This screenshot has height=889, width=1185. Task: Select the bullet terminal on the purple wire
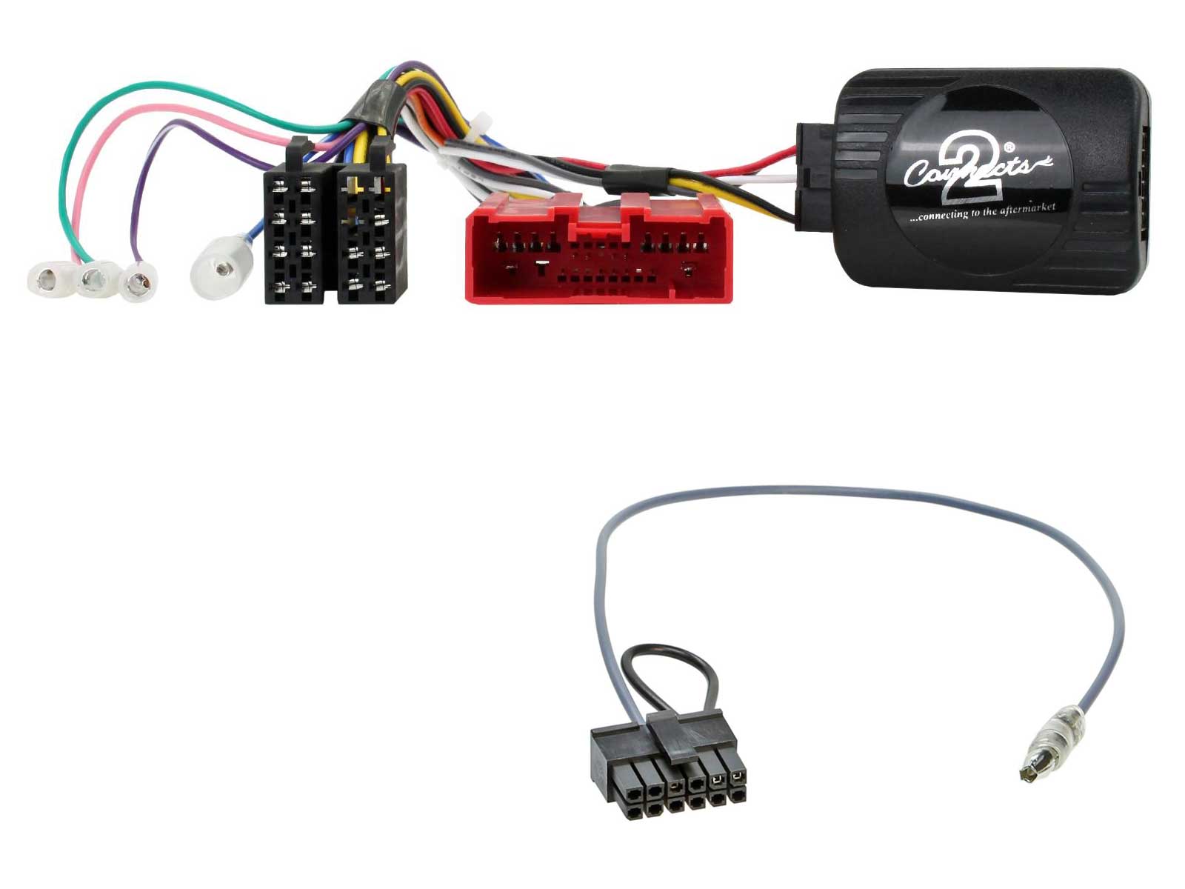[138, 282]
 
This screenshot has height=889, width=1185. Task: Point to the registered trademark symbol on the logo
[1009, 147]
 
